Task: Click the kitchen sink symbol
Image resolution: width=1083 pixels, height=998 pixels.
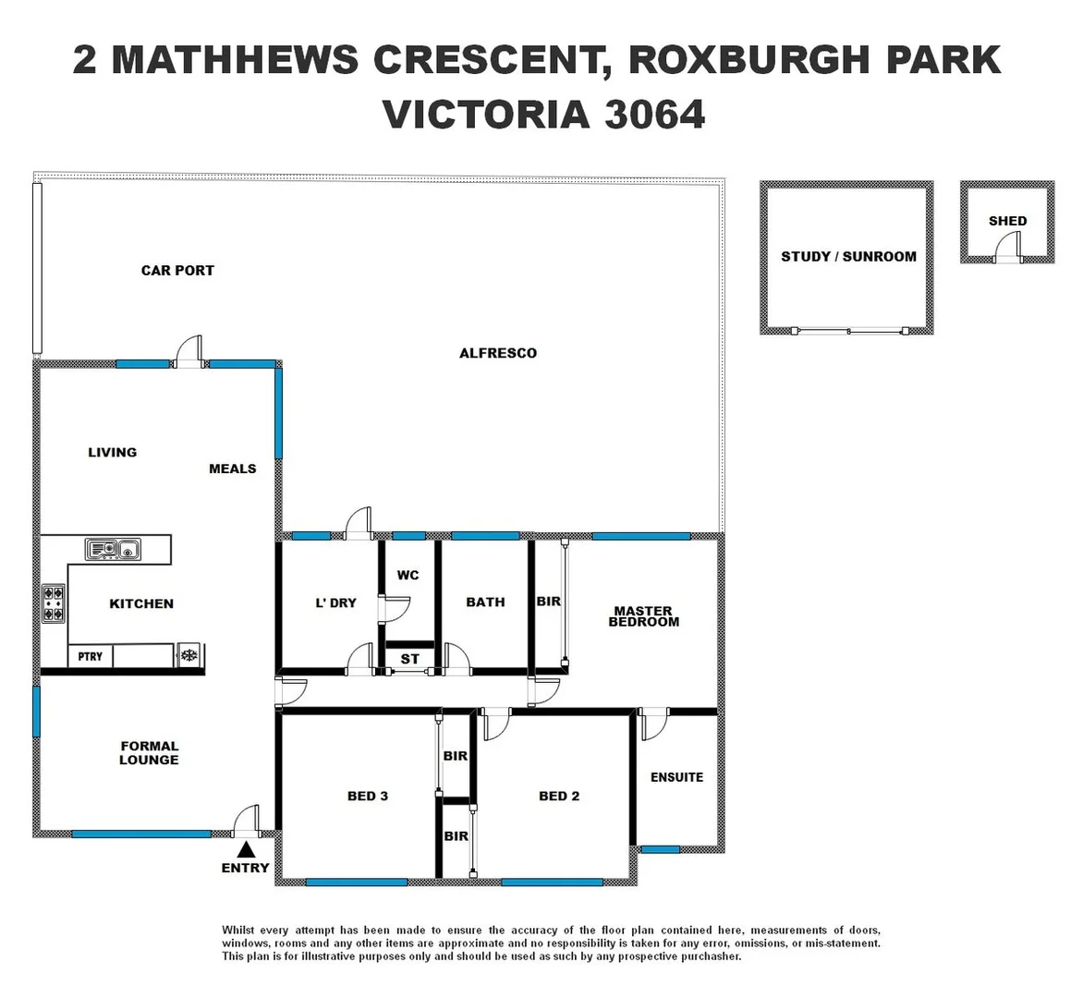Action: click(x=112, y=550)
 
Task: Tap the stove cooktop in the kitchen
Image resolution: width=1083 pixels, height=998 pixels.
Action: click(x=54, y=602)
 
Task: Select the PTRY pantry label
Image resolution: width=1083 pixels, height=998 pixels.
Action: click(x=91, y=656)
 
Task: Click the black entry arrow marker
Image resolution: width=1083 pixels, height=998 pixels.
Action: click(x=245, y=849)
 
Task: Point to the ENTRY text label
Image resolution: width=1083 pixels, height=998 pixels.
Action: click(x=245, y=868)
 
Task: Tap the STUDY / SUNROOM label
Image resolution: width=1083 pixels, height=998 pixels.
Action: click(x=848, y=257)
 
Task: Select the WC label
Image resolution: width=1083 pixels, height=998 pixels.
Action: click(x=408, y=575)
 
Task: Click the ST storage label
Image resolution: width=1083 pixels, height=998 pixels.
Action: click(x=409, y=659)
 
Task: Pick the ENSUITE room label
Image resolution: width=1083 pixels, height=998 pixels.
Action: click(x=676, y=777)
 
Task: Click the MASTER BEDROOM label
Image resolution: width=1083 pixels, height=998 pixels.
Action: click(x=643, y=616)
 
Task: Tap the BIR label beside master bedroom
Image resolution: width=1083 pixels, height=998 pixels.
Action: click(x=548, y=602)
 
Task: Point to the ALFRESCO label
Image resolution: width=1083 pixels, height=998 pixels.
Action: click(x=497, y=353)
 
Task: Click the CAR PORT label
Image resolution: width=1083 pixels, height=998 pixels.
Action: click(x=177, y=271)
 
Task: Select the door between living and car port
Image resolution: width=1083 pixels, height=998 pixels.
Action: click(x=190, y=352)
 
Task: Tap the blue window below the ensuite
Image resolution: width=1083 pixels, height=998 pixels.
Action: click(x=660, y=849)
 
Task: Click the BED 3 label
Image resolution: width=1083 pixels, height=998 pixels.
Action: click(x=367, y=796)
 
